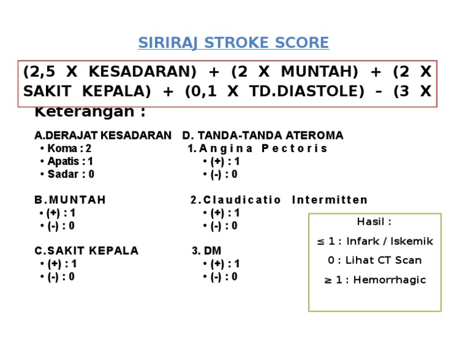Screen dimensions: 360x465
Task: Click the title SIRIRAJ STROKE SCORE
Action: (x=233, y=43)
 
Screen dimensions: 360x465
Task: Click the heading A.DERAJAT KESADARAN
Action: (x=102, y=135)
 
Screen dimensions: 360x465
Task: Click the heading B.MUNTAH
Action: (x=70, y=200)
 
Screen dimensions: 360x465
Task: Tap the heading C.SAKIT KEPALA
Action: (x=86, y=251)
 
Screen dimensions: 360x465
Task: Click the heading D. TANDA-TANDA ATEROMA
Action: (x=263, y=135)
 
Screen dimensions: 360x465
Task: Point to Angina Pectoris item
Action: (x=263, y=148)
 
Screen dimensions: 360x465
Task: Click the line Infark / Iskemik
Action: (x=389, y=241)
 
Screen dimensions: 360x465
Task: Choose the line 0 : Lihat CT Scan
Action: (x=375, y=261)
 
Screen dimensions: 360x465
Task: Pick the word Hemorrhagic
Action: (x=389, y=280)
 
